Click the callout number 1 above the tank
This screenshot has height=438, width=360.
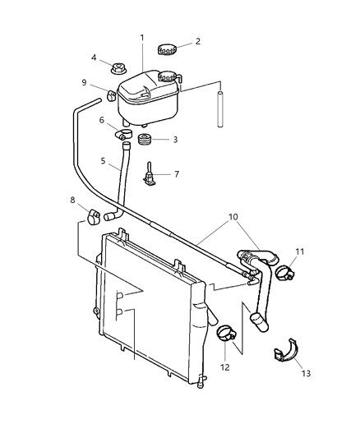142,38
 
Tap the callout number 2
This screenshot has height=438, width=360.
197,41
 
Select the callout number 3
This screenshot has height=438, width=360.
175,140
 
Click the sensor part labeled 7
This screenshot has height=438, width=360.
150,175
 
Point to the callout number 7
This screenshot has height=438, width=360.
176,174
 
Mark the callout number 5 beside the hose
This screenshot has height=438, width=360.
104,162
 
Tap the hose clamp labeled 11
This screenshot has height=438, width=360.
285,271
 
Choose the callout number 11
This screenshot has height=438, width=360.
300,252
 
